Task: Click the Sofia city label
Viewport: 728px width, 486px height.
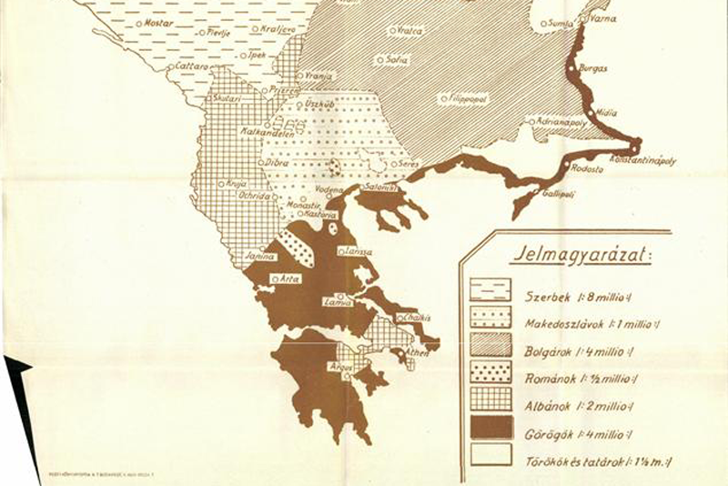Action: tap(396, 60)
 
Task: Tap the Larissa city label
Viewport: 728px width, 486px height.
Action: tap(355, 250)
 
